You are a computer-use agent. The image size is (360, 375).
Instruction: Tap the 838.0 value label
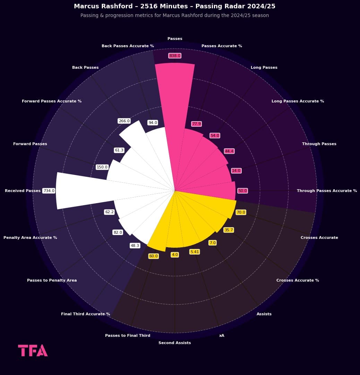click(175, 56)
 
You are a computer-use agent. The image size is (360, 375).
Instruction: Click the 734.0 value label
click(49, 191)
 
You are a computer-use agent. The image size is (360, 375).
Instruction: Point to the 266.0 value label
click(124, 121)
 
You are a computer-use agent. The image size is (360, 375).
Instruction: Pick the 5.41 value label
click(195, 252)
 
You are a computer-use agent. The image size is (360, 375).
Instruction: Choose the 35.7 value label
click(229, 230)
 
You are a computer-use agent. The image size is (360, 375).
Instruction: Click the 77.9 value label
click(196, 124)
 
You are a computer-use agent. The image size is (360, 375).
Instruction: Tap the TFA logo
click(33, 350)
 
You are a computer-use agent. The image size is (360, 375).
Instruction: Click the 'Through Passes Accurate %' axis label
click(327, 191)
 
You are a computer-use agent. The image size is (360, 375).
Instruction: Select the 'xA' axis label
click(222, 335)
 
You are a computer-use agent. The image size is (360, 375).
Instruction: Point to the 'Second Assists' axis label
click(174, 343)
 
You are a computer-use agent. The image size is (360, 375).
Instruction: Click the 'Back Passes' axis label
click(85, 67)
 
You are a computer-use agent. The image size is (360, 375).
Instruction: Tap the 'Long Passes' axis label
click(264, 67)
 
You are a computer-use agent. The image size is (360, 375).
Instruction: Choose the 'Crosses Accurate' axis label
click(319, 237)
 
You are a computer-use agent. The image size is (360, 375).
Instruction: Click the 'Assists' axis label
click(264, 314)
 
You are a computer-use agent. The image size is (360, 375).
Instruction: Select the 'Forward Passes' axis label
click(30, 144)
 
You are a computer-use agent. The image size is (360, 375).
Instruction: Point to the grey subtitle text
click(174, 16)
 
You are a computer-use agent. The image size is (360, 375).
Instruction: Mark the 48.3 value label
click(135, 245)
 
